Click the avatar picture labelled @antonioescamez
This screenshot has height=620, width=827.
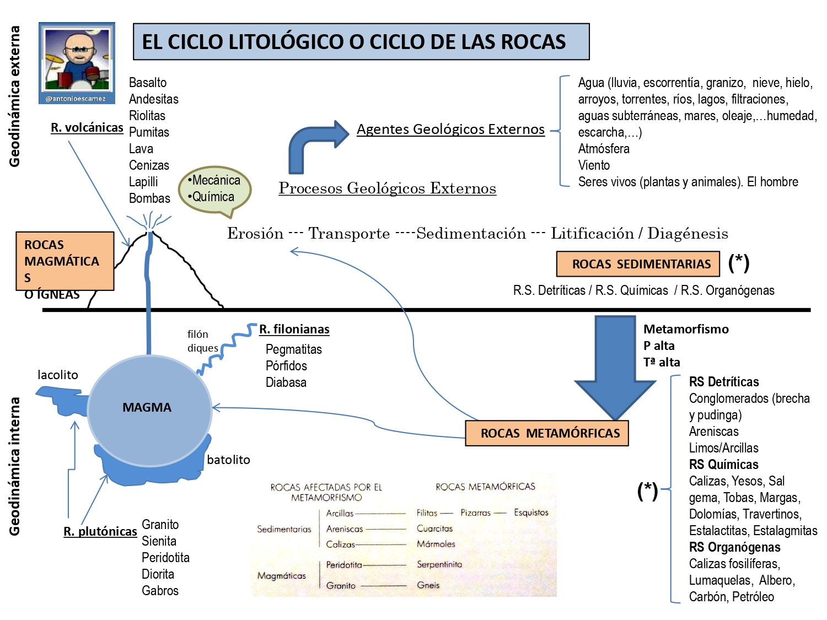pyautogui.click(x=77, y=62)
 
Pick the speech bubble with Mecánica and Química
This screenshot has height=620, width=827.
pyautogui.click(x=215, y=189)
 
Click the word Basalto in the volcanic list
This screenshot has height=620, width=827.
pyautogui.click(x=148, y=83)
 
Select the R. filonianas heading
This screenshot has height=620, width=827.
pyautogui.click(x=294, y=329)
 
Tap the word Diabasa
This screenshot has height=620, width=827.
pyautogui.click(x=286, y=382)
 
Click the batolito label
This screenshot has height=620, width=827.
pyautogui.click(x=228, y=460)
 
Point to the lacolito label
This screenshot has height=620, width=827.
pyautogui.click(x=58, y=375)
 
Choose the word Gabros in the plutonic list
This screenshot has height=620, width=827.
pyautogui.click(x=160, y=591)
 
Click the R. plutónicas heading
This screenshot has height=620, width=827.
pyautogui.click(x=100, y=531)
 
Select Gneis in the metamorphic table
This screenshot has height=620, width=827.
pyautogui.click(x=428, y=585)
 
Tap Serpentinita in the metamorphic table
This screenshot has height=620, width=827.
pyautogui.click(x=439, y=564)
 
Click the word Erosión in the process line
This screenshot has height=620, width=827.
pyautogui.click(x=255, y=233)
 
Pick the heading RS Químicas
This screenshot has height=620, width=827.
pyautogui.click(x=723, y=465)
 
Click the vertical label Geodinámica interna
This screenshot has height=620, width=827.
pyautogui.click(x=15, y=466)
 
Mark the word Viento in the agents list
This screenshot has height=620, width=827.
pyautogui.click(x=594, y=165)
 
